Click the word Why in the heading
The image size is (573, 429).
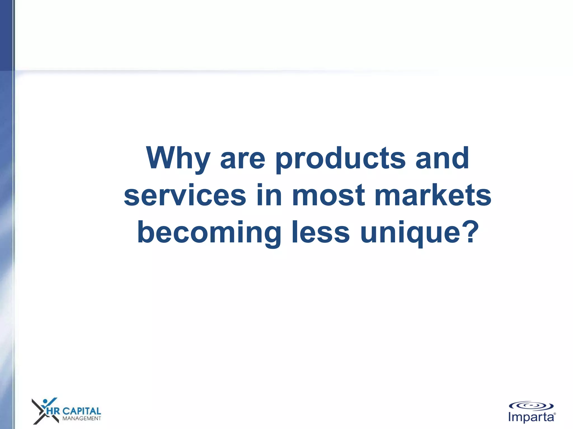[x=178, y=159]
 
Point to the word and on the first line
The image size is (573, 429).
[x=442, y=158]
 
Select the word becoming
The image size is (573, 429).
[x=209, y=233]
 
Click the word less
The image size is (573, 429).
[x=321, y=232]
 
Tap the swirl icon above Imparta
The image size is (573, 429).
[x=531, y=406]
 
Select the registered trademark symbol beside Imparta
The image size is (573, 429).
[x=555, y=414]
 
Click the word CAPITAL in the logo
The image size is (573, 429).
[x=81, y=411]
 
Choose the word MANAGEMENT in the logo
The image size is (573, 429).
[x=81, y=418]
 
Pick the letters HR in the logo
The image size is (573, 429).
[x=53, y=411]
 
